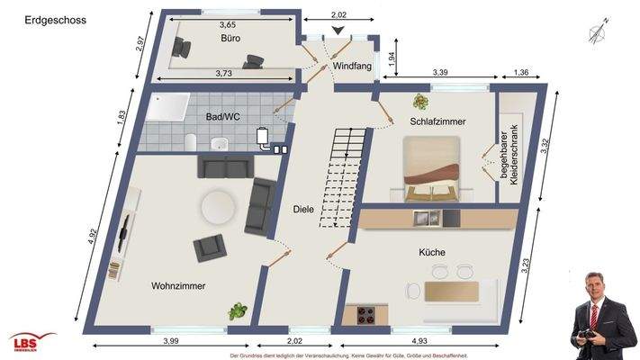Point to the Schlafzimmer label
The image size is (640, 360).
[x=438, y=121]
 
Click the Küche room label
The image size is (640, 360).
[x=431, y=253]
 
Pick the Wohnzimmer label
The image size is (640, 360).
[x=178, y=286]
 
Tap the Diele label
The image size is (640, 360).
[x=304, y=210]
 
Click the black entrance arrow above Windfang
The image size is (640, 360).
[x=338, y=31]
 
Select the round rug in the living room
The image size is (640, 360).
[x=221, y=208]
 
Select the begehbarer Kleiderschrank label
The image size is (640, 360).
[x=510, y=161]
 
